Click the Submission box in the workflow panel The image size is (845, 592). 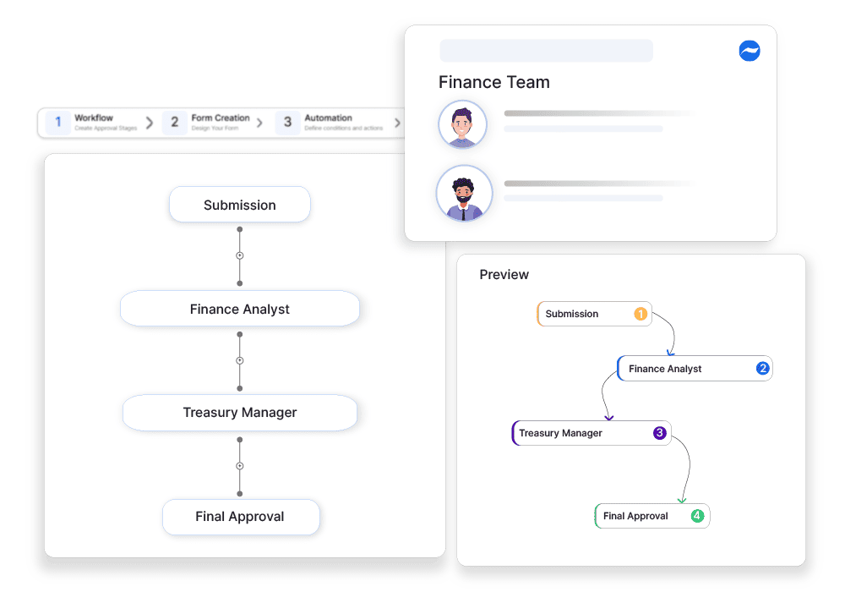coord(240,205)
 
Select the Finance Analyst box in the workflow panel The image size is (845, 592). coord(240,309)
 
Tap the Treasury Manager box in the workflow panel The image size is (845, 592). coord(240,413)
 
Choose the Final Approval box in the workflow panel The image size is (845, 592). coord(241,517)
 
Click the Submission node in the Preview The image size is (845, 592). coord(583,314)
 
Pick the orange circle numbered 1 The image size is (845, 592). coord(641,314)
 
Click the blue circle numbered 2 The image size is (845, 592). coord(762,368)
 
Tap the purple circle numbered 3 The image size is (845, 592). coord(660,433)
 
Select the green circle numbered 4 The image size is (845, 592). coord(697,516)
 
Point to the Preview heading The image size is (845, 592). coord(504,275)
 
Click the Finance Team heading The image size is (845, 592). coord(494,82)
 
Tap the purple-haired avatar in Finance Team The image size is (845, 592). coord(462,125)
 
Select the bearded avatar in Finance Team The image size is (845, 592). coord(464,194)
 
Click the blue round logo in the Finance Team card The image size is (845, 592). coord(749,51)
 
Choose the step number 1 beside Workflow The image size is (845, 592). coord(57,122)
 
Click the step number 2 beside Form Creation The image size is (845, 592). coord(174,122)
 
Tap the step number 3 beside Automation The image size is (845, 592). coord(287,122)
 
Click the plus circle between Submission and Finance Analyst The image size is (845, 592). coord(239,255)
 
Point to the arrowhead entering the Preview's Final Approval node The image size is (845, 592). coord(682,501)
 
